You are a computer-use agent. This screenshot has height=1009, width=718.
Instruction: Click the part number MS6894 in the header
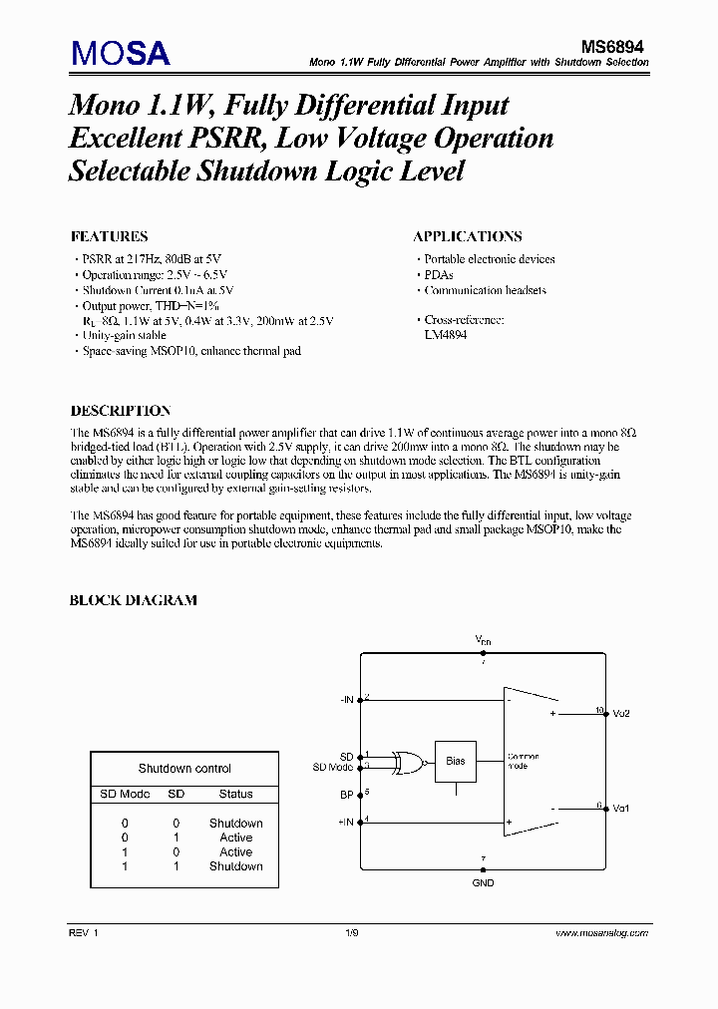615,46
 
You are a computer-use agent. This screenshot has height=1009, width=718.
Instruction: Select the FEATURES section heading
109,237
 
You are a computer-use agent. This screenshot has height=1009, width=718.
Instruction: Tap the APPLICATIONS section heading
467,237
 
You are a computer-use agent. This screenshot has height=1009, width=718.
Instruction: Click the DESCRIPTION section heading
120,411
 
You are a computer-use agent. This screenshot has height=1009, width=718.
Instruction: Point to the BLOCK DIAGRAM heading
133,600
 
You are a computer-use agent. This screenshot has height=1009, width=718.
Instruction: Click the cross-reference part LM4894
446,335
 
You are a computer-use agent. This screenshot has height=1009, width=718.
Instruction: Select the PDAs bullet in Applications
439,275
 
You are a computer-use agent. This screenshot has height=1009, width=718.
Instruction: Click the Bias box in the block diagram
455,761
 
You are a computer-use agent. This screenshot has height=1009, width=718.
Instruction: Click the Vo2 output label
621,714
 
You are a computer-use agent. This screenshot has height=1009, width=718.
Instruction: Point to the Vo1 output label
621,808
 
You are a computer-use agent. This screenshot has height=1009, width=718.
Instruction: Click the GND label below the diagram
483,882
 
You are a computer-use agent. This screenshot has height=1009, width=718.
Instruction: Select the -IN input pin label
345,700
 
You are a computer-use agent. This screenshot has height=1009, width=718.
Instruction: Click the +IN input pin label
345,823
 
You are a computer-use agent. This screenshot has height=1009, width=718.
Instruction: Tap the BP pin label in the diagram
347,796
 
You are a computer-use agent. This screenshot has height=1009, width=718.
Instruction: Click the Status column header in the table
236,795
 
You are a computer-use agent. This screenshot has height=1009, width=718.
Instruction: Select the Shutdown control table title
184,769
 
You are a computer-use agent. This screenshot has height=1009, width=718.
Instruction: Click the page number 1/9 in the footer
352,933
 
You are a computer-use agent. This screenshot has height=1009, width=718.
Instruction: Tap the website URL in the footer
601,933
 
